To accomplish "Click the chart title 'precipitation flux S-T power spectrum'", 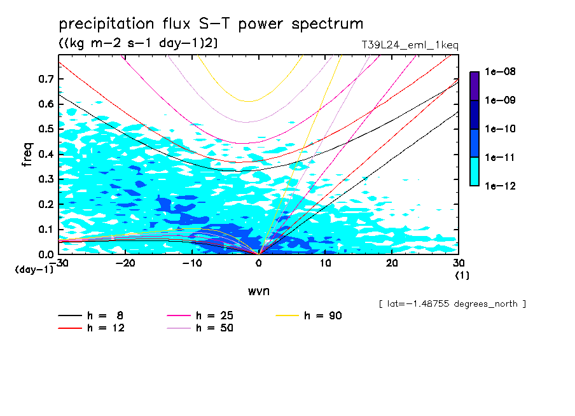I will pyautogui.click(x=211, y=24).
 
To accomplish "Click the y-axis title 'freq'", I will pyautogui.click(x=27, y=155).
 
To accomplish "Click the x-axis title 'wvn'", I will pyautogui.click(x=258, y=291).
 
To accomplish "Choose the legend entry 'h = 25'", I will pyautogui.click(x=214, y=315).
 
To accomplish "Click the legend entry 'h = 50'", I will pyautogui.click(x=214, y=328).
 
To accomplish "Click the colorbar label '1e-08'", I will pyautogui.click(x=500, y=72).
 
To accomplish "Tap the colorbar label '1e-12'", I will pyautogui.click(x=500, y=186).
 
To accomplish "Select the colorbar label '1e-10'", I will pyautogui.click(x=500, y=129).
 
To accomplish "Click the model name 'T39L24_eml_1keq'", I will pyautogui.click(x=409, y=45).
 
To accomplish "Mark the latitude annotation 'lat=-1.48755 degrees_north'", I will pyautogui.click(x=452, y=303).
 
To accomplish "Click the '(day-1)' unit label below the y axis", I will pyautogui.click(x=34, y=270).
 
